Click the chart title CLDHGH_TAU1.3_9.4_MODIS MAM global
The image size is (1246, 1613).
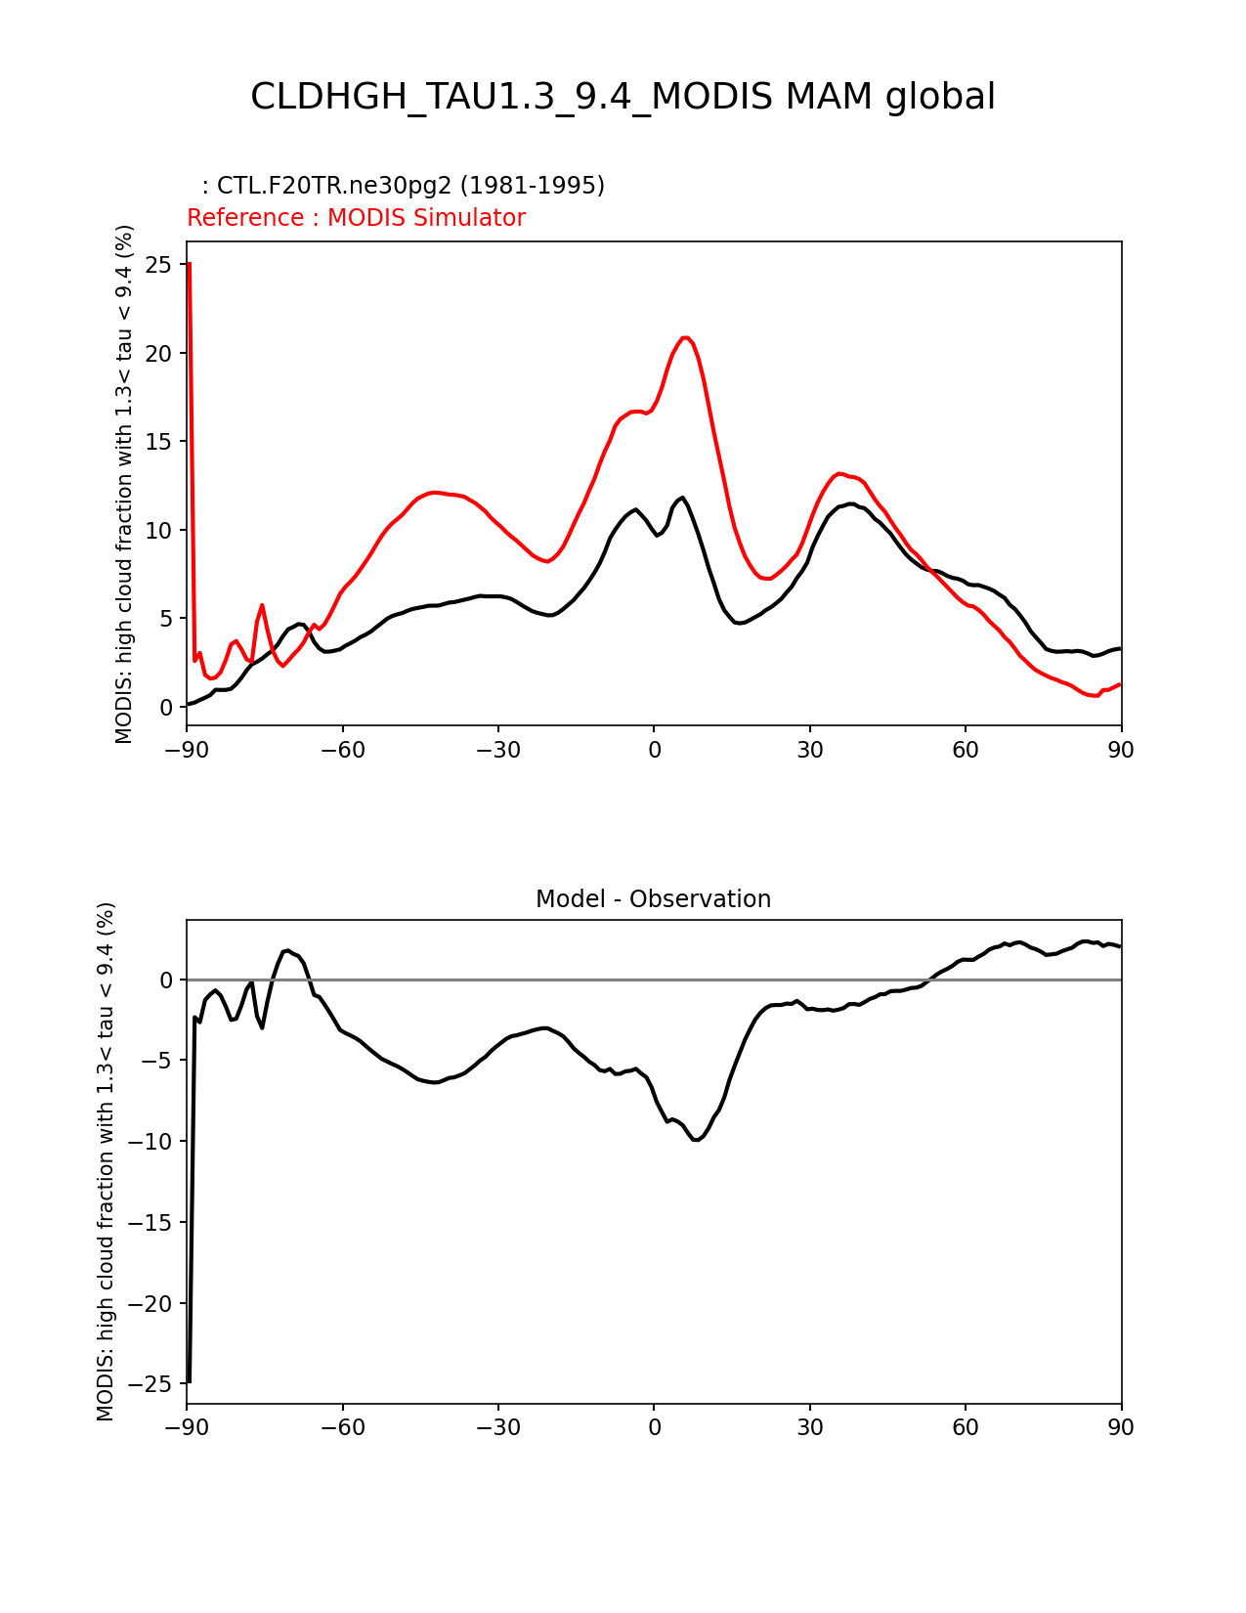(623, 97)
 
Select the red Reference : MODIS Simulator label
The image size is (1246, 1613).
(356, 218)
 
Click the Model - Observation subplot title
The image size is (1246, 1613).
(653, 899)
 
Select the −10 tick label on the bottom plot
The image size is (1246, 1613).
(156, 1142)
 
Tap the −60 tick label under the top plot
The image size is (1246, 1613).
(342, 750)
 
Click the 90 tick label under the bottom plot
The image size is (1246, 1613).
(1121, 1427)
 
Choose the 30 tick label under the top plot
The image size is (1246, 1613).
(809, 750)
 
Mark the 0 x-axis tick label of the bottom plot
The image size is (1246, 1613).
(654, 1427)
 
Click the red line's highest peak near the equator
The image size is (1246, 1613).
(686, 337)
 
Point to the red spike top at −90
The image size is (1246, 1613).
(189, 263)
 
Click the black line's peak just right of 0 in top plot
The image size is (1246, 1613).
(682, 498)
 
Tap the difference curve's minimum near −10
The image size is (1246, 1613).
(696, 1140)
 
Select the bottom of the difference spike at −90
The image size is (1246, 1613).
(189, 1381)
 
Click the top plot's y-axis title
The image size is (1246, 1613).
(124, 484)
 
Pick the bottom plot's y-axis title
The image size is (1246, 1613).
(106, 1161)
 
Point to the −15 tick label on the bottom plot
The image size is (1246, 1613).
(156, 1223)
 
